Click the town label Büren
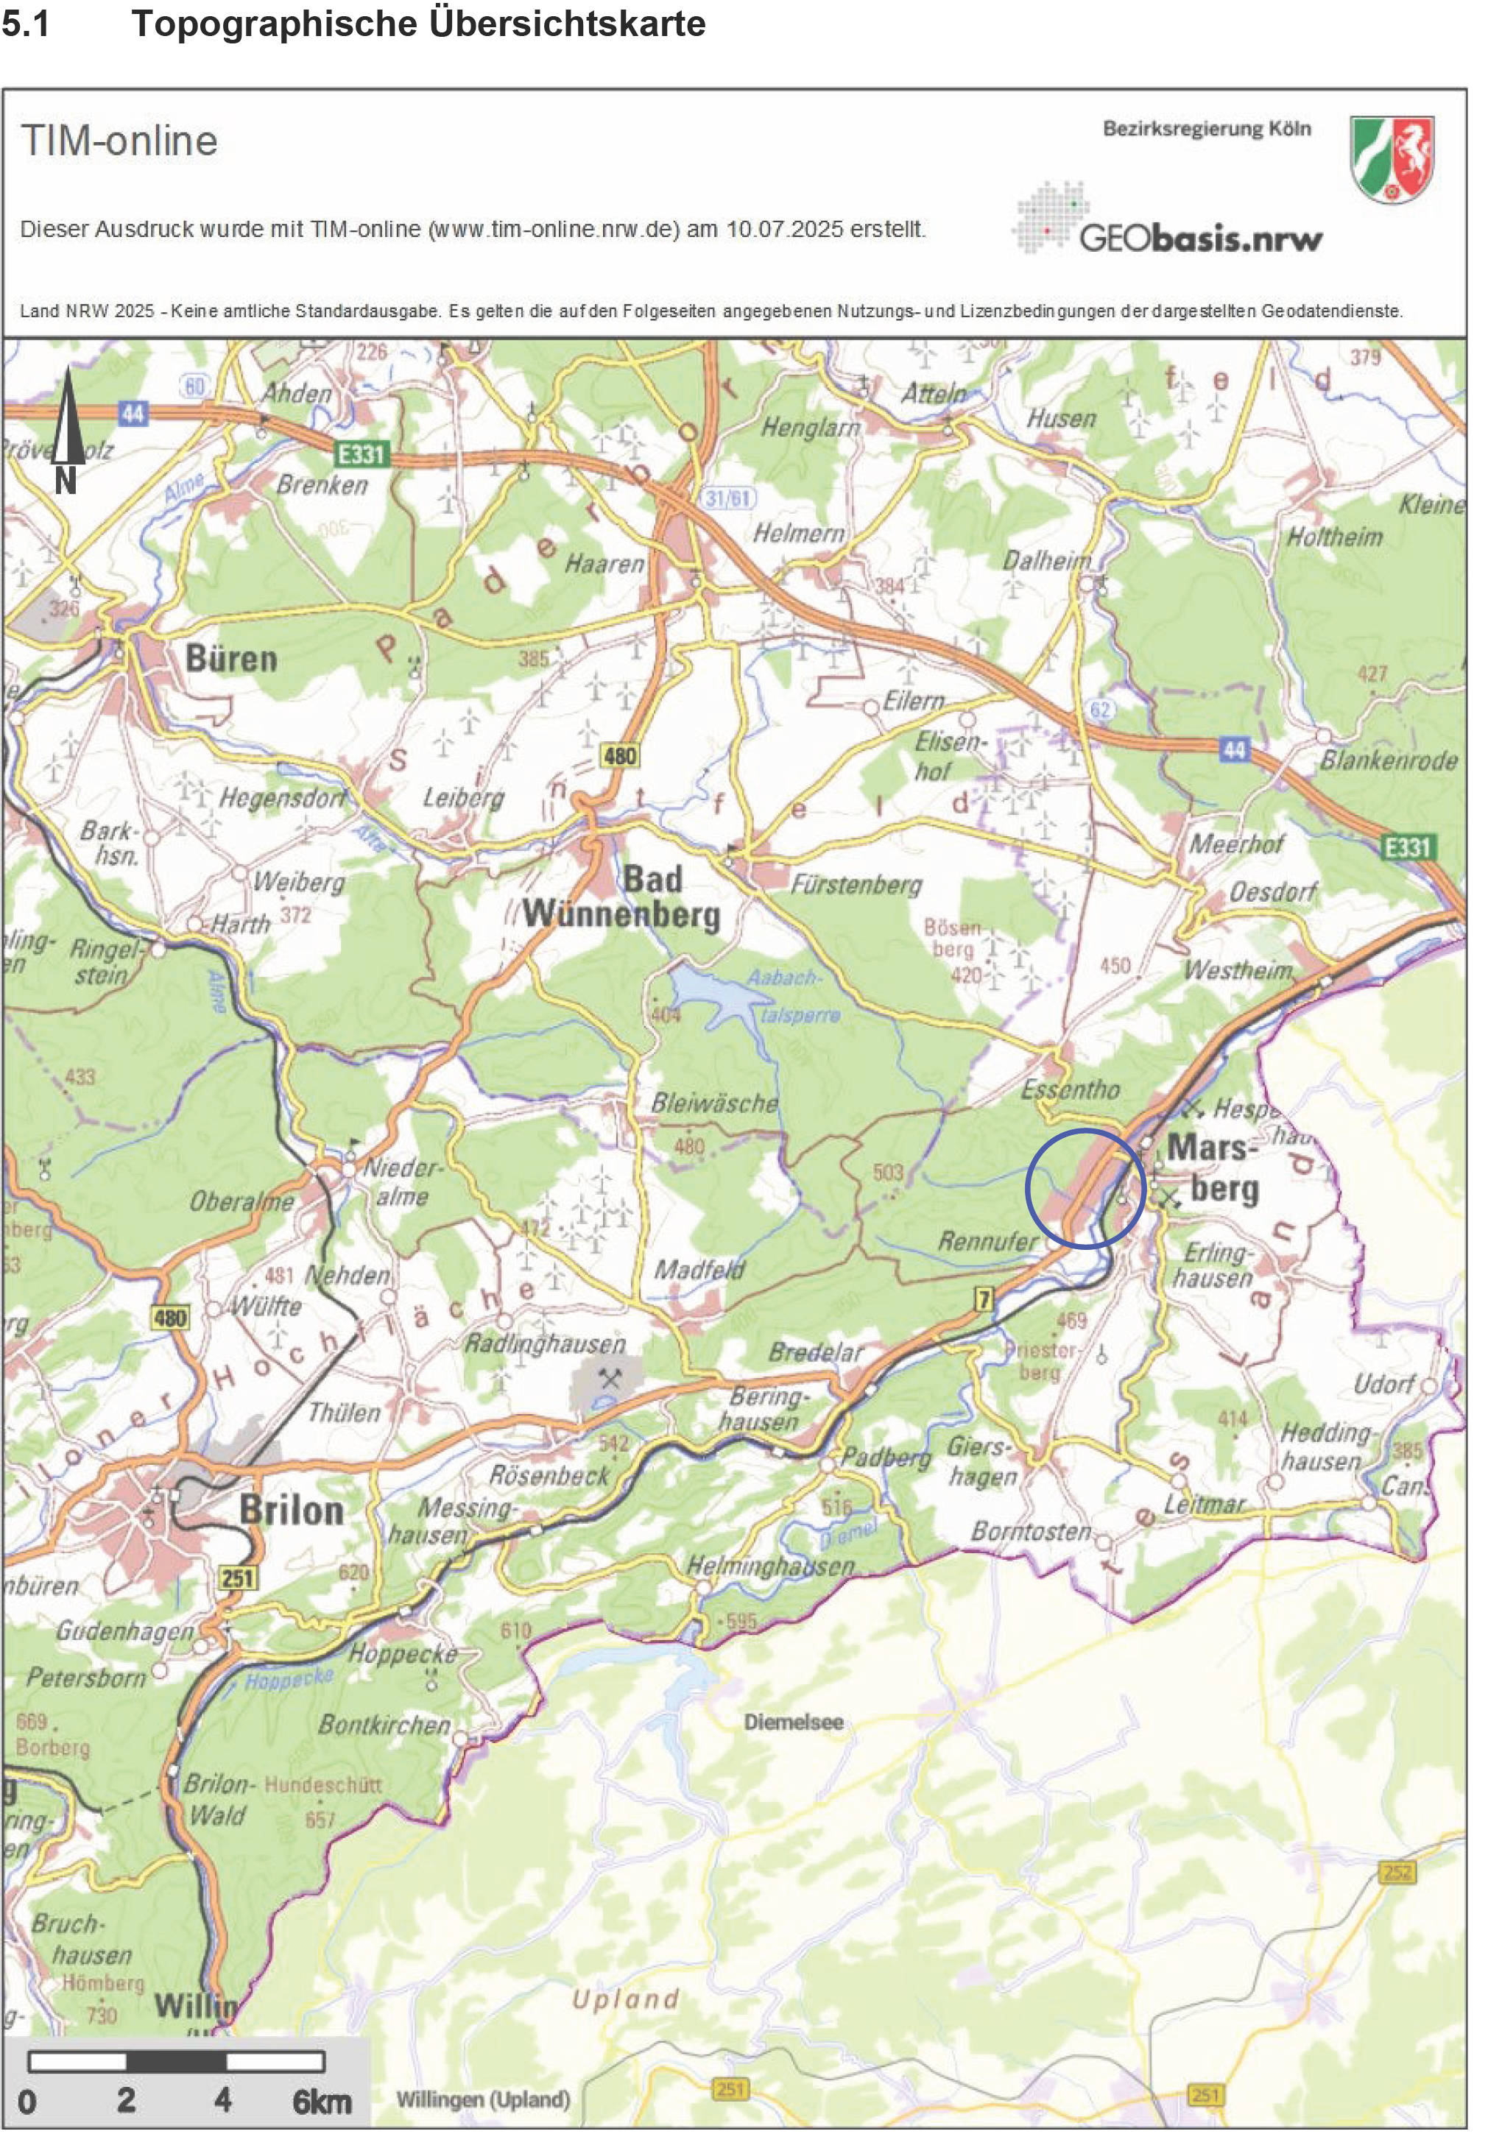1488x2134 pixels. pos(231,659)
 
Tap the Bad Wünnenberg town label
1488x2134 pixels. pos(621,897)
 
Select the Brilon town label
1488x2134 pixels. pos(291,1510)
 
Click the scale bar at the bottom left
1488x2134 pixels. pos(176,2060)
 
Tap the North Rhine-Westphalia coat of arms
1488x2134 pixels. pos(1392,159)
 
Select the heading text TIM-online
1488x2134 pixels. pos(119,141)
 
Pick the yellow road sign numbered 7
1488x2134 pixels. pos(984,1299)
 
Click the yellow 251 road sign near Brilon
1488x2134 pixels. pos(237,1577)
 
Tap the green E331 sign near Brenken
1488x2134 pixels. pos(361,453)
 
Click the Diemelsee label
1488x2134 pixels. pos(793,1721)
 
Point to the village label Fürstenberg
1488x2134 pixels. pos(855,884)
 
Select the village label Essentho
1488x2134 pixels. pos(1070,1089)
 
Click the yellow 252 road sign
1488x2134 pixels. pos(1397,1871)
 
